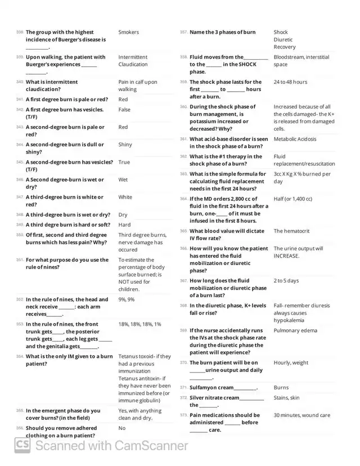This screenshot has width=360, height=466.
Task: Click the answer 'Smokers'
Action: pos(128,32)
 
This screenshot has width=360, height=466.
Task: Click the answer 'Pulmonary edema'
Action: pos(295,330)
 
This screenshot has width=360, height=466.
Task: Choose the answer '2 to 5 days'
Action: pos(286,280)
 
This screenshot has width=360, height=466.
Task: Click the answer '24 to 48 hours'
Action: pos(290,82)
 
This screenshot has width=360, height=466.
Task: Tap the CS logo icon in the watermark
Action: pos(22,445)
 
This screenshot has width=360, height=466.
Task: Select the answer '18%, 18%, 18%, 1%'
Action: pos(139,324)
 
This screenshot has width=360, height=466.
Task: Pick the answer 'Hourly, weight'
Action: pos(291,362)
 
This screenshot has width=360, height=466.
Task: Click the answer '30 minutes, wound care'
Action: pos(302,415)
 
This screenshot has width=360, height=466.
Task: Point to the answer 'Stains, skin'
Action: pos(286,397)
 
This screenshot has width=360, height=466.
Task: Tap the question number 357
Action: pos(183,33)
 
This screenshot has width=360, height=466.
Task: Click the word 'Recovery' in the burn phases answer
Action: pos(285,47)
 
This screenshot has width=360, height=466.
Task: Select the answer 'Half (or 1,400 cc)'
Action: pos(293,199)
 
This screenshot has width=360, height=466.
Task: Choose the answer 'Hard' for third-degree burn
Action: pos(124,225)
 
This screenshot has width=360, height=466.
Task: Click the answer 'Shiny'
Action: pos(125,145)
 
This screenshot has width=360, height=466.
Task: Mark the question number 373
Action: pos(183,415)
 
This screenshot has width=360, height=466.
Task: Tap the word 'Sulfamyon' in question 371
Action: pos(203,387)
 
